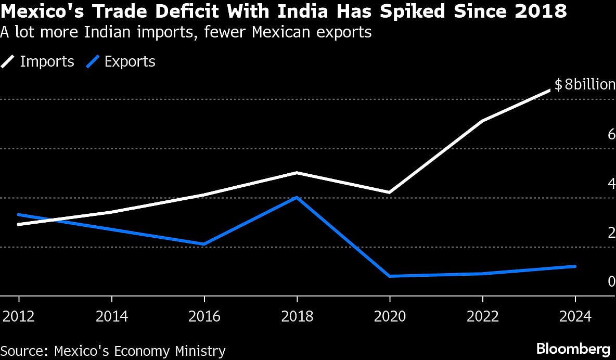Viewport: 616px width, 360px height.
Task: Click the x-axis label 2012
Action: point(19,316)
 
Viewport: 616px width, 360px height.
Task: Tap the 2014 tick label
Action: point(111,316)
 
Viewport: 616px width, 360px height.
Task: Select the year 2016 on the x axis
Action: point(204,316)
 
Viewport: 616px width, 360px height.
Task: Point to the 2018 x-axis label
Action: point(297,316)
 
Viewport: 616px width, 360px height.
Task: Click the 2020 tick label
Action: point(390,316)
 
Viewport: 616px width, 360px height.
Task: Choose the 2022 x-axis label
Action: point(482,316)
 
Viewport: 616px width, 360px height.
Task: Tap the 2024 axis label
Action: point(574,316)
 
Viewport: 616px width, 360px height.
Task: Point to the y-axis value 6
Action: point(611,134)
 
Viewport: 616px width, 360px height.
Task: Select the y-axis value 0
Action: point(611,281)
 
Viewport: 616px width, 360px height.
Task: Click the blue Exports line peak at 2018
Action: point(297,197)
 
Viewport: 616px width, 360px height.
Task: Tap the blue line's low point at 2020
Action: point(390,276)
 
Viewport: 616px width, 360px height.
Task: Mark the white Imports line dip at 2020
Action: point(390,192)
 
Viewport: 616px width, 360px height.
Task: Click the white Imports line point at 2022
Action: point(482,121)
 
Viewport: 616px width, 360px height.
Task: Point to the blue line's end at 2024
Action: point(574,266)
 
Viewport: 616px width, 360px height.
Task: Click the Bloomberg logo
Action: point(573,348)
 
